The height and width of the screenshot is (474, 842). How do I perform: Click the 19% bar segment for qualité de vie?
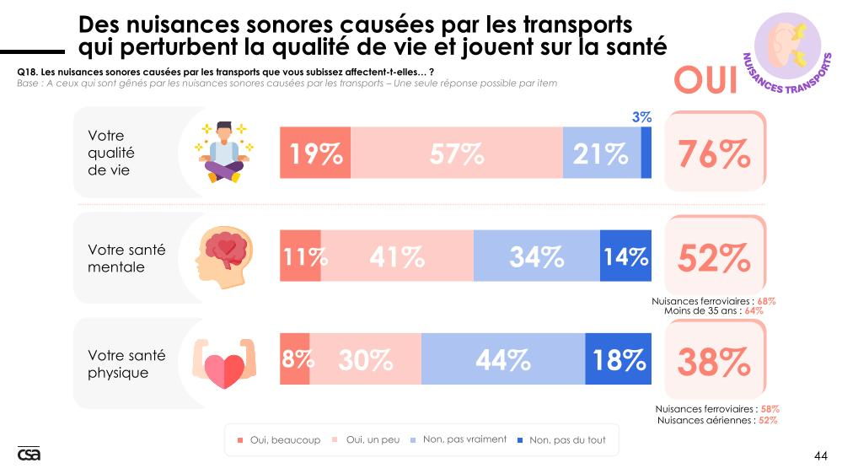pos(315,154)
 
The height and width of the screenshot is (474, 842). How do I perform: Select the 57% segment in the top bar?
pos(456,154)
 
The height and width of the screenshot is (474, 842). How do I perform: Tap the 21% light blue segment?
pos(601,154)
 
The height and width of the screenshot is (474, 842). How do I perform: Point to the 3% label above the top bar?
pos(641,118)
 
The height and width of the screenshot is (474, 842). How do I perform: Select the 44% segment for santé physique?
pos(503,360)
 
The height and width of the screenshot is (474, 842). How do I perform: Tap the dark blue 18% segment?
pos(619,360)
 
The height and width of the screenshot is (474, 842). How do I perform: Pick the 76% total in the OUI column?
pos(715,154)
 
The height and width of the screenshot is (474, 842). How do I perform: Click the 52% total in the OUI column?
pos(715,258)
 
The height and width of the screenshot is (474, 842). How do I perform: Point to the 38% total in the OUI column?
pos(715,362)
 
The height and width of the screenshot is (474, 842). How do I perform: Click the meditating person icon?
pos(224,151)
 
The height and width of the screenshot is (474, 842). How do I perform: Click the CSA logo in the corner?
pos(29,454)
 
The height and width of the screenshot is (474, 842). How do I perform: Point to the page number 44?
pos(821,456)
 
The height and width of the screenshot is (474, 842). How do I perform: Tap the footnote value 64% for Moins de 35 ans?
pos(754,310)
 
